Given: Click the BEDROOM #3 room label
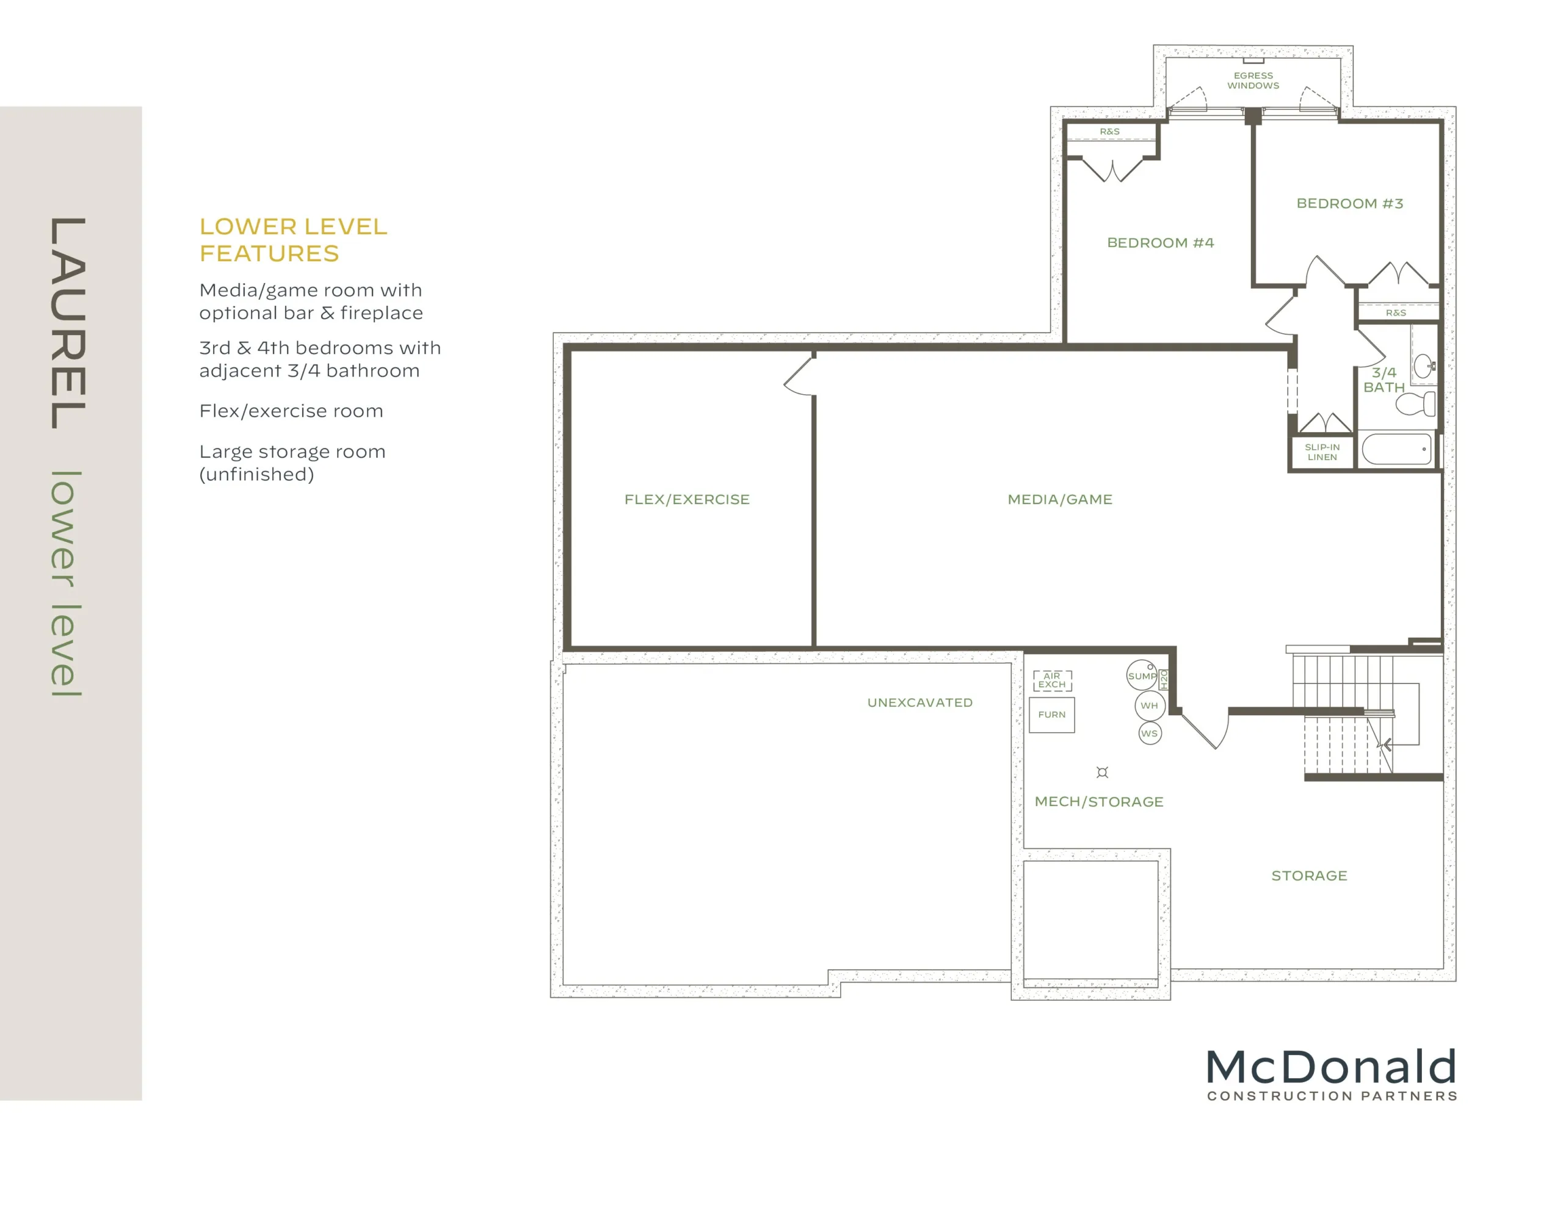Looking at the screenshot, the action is pos(1350,203).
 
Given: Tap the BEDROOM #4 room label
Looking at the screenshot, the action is pos(1160,242).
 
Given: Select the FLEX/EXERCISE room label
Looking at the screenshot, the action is pos(687,499).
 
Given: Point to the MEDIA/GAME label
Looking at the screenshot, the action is pos(1060,499).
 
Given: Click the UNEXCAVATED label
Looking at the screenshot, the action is pos(919,702).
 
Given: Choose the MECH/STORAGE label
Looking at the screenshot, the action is pos(1098,802).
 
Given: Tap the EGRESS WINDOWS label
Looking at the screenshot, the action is pos(1253,80).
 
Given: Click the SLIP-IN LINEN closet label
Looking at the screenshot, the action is pos(1322,452).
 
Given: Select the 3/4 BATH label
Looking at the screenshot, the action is pos(1383,380).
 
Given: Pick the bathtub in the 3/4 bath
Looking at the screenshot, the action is pos(1396,449).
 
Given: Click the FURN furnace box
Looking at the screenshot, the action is pos(1051,715).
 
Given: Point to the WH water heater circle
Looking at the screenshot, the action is pos(1149,705).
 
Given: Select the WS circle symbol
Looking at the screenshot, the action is pos(1149,733).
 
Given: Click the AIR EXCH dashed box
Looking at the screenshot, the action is pos(1052,680).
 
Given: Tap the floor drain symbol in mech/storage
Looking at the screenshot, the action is pos(1102,772).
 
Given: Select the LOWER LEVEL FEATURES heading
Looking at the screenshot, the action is pos(294,240).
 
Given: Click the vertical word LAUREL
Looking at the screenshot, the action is pos(68,323).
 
